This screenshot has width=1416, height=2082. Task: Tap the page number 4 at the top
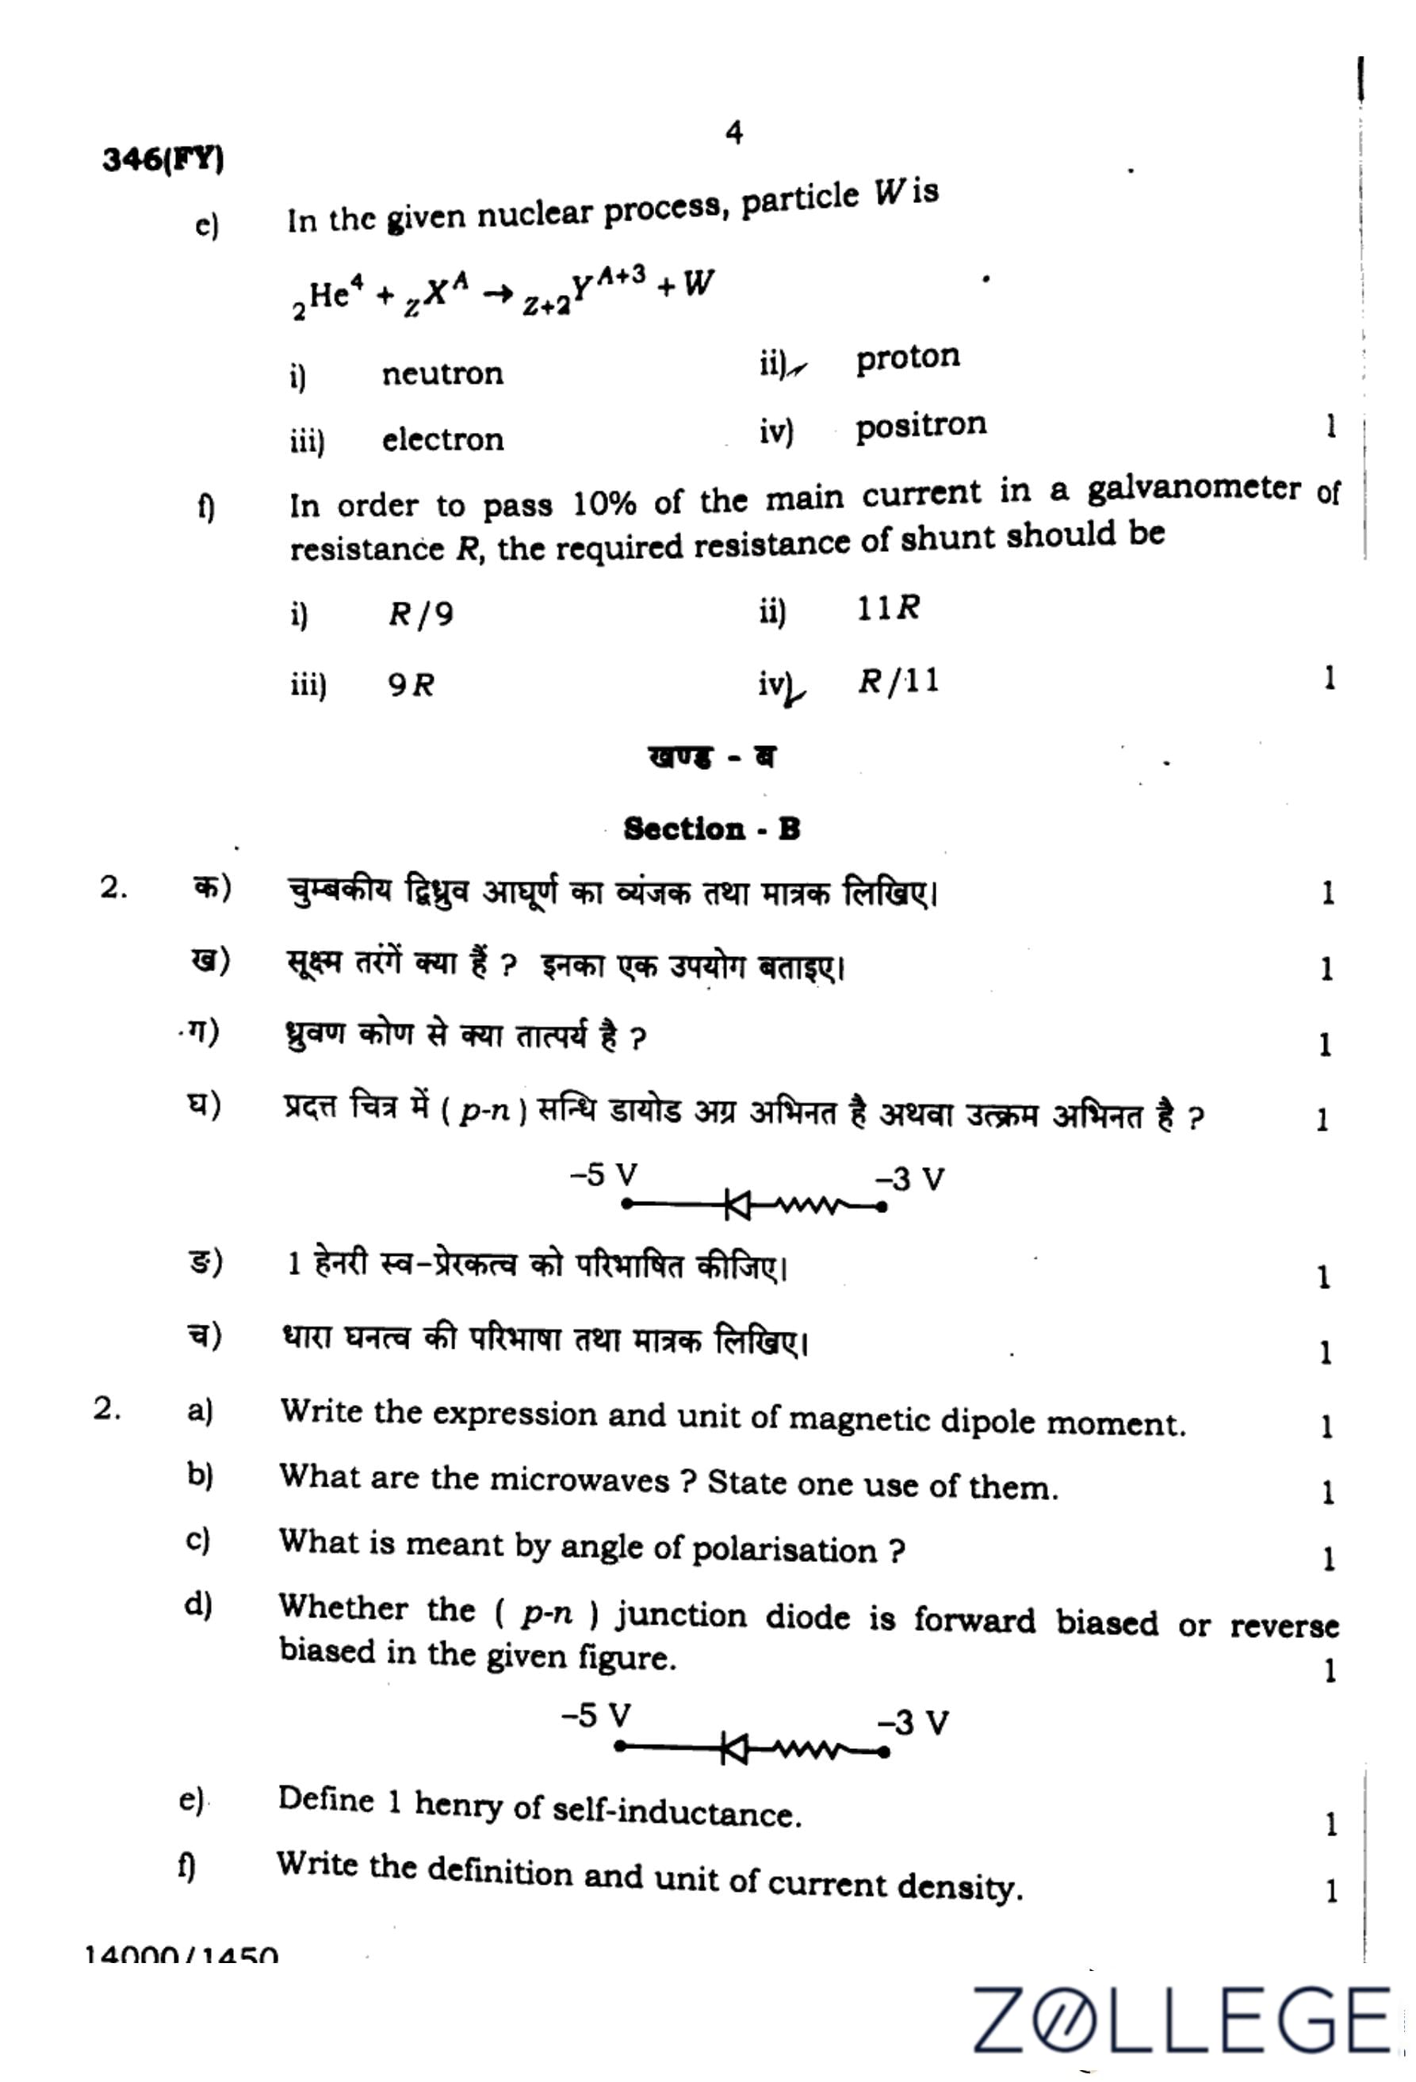(733, 133)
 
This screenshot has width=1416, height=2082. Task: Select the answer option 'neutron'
(442, 373)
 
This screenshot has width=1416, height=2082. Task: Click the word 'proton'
(907, 358)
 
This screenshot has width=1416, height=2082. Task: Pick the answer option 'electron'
(442, 440)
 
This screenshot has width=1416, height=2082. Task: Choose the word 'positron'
(920, 425)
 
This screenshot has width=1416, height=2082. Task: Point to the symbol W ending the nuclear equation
(698, 284)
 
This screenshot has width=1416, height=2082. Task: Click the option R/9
(421, 614)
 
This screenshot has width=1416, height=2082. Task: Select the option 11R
(887, 608)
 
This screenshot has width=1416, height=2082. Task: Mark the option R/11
(898, 682)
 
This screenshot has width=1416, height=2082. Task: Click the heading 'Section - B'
(711, 829)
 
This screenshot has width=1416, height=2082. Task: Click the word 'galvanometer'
(1193, 489)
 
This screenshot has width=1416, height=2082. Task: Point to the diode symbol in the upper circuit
(737, 1206)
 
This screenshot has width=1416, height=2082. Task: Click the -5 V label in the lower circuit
(595, 1717)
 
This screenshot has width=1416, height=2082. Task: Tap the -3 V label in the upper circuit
(910, 1179)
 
